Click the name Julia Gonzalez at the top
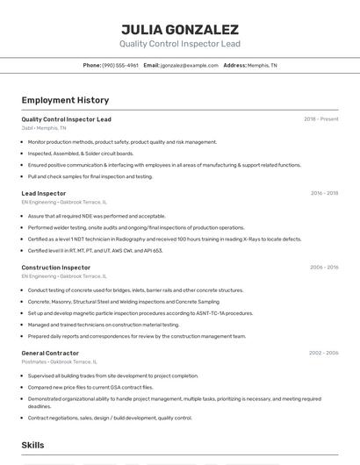click(180, 29)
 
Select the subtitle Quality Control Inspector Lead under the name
click(180, 43)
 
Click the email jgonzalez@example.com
click(189, 65)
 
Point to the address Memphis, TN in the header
click(262, 65)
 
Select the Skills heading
click(33, 446)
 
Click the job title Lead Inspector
click(44, 193)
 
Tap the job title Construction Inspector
click(56, 268)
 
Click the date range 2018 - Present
click(321, 118)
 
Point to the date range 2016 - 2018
click(324, 193)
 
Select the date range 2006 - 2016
click(324, 268)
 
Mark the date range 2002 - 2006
click(323, 353)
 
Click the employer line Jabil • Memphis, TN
click(44, 127)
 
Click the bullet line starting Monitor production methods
click(122, 141)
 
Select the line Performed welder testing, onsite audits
click(136, 227)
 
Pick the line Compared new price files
click(90, 386)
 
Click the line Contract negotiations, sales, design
click(110, 418)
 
